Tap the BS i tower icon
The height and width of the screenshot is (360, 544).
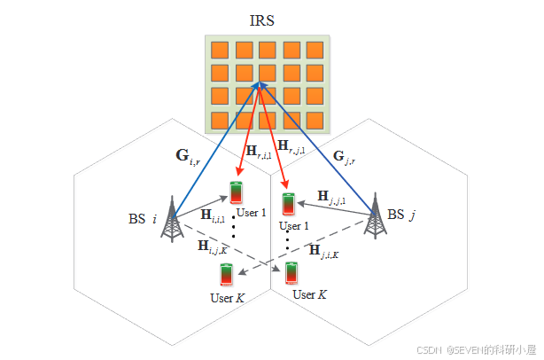click(x=170, y=218)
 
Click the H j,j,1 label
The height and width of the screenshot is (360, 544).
click(x=332, y=197)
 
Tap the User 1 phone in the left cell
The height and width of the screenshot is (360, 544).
click(x=236, y=194)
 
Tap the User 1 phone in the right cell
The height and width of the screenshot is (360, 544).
click(x=288, y=203)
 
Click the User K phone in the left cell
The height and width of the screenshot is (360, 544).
click(x=226, y=275)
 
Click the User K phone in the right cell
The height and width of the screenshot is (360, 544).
click(x=291, y=271)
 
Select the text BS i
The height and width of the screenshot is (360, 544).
click(x=143, y=217)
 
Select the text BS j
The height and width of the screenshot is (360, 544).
click(x=401, y=214)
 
